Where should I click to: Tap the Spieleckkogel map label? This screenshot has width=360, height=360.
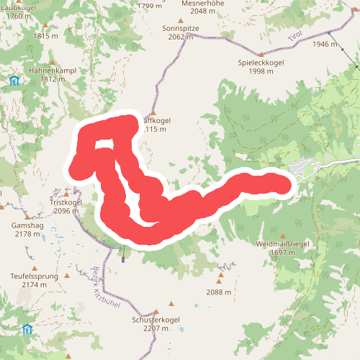tap(261, 63)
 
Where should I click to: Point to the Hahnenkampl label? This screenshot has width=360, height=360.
tap(53, 71)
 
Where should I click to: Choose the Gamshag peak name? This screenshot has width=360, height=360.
tap(27, 225)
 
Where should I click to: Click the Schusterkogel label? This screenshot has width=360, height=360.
tap(156, 319)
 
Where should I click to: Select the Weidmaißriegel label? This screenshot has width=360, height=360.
tap(282, 244)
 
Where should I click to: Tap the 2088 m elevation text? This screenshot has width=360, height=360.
tap(218, 292)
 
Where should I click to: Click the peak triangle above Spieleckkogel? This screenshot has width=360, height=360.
tap(261, 53)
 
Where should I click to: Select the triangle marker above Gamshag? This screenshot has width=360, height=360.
tap(27, 215)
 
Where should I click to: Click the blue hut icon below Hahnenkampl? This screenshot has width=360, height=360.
tap(14, 80)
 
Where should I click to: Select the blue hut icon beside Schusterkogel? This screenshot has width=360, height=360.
tap(27, 329)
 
